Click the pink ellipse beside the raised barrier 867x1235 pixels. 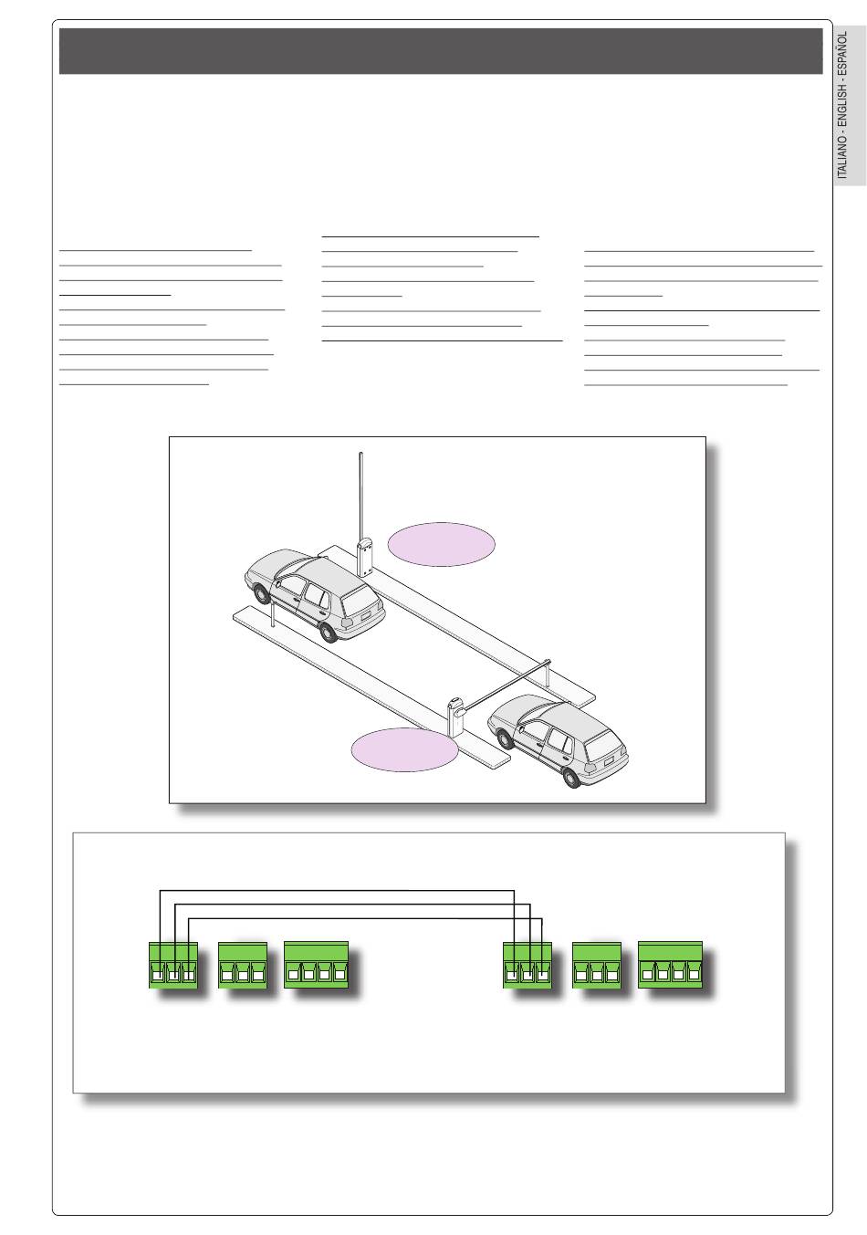(442, 544)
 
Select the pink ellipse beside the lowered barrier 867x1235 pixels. (404, 749)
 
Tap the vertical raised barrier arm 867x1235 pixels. (361, 493)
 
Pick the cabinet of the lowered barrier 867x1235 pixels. (456, 717)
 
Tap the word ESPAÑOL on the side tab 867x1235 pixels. (843, 54)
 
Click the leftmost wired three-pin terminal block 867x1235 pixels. (172, 966)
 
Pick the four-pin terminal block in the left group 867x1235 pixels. (317, 966)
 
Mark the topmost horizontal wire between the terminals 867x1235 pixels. (338, 890)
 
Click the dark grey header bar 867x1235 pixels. (441, 51)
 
